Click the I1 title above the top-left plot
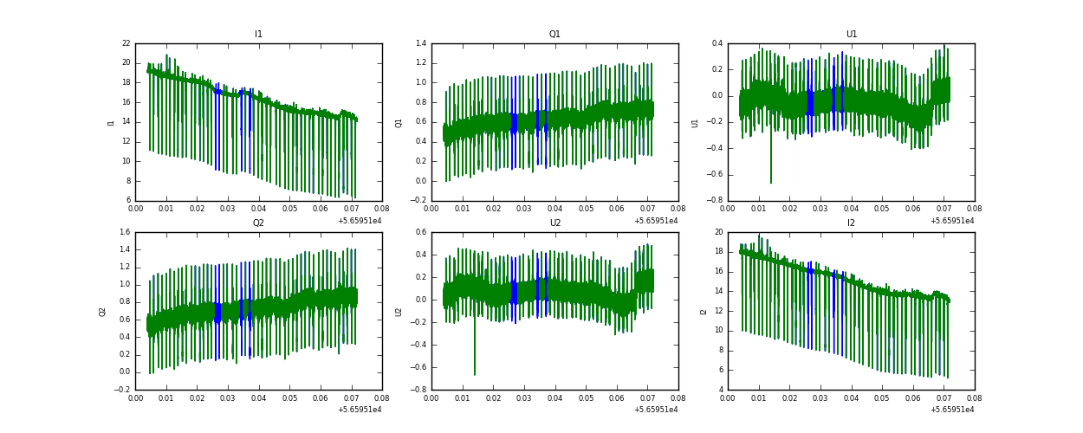pos(258,35)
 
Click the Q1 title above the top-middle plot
pos(554,35)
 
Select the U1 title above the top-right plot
pos(852,35)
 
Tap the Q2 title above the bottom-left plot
pos(258,223)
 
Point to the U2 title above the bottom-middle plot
pos(554,223)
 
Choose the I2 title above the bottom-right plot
pos(852,223)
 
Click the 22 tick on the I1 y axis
pos(126,43)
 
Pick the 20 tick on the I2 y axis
pos(718,232)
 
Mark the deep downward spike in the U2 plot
pos(475,372)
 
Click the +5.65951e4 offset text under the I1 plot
pos(360,221)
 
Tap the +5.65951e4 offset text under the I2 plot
pos(952,410)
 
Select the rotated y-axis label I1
pos(111,122)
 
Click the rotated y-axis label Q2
pos(101,311)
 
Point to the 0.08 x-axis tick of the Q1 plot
pos(678,209)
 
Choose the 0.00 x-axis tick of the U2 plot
pos(431,397)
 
